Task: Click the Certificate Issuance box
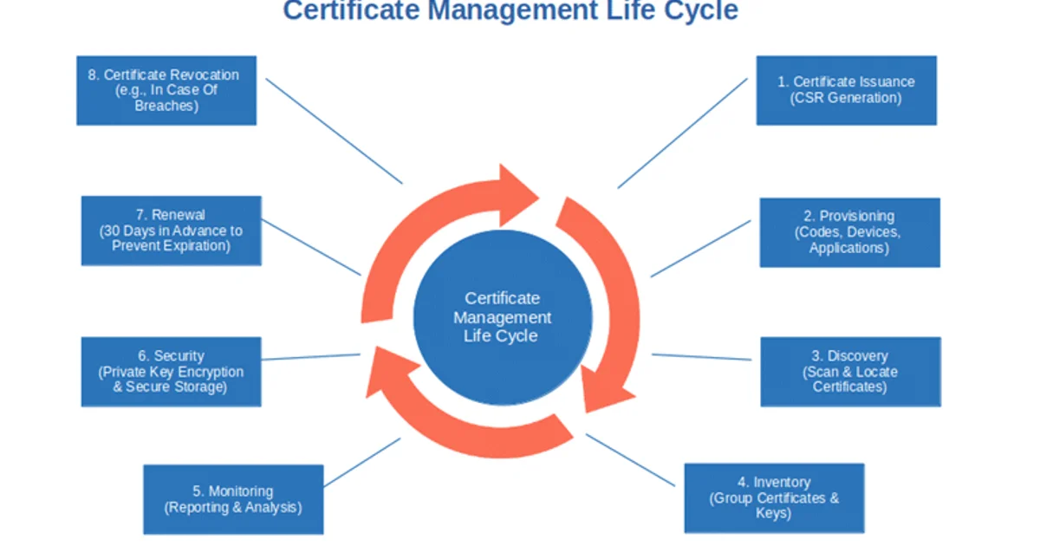click(x=846, y=90)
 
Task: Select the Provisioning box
click(x=849, y=232)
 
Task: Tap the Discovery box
click(x=849, y=372)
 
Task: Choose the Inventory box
click(x=774, y=497)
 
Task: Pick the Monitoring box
click(x=233, y=499)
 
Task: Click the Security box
click(x=171, y=372)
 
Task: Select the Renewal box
click(x=171, y=230)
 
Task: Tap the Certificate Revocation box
click(x=166, y=90)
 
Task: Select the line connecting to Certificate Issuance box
click(x=682, y=133)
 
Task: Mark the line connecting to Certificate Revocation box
click(x=334, y=131)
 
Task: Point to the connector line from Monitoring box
click(x=361, y=462)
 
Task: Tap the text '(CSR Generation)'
click(x=846, y=98)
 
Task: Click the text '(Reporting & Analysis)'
click(x=233, y=508)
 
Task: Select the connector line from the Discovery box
click(x=701, y=356)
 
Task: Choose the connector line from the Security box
click(x=310, y=356)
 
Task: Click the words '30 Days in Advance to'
click(x=171, y=231)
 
